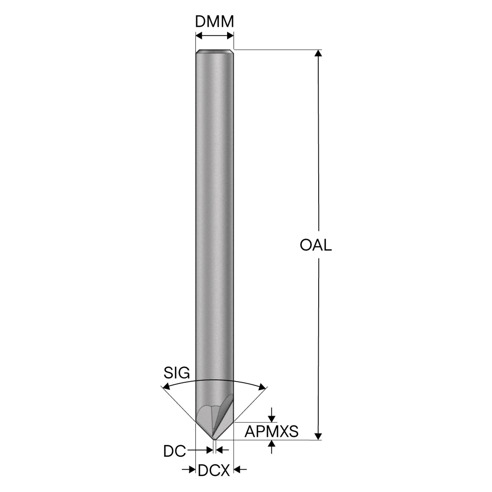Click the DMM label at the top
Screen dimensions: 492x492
214,22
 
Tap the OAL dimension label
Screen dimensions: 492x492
316,245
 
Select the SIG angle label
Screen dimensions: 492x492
177,373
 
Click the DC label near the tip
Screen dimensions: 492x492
175,451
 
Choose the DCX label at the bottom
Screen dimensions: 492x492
214,470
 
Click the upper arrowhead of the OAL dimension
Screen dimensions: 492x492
318,53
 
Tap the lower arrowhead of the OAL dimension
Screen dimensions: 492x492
318,437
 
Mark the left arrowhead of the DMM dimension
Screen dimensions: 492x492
199,36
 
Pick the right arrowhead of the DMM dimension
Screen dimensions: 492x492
230,36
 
